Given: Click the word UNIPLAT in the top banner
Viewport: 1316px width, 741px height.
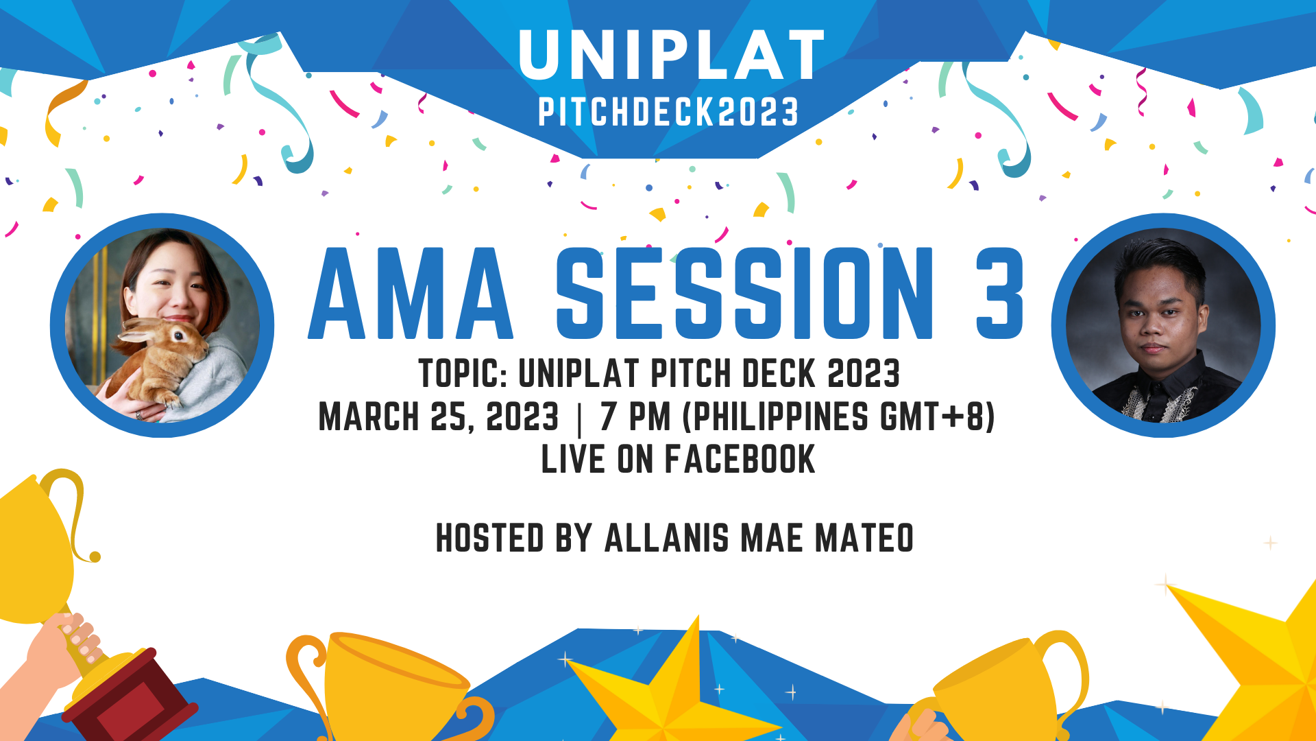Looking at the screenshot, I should (x=671, y=56).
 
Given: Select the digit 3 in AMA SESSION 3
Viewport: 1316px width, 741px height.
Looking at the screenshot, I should (x=1000, y=294).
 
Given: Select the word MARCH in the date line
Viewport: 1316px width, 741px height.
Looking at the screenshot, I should (x=369, y=417).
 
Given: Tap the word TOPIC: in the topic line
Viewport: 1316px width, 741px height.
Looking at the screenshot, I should (x=463, y=374).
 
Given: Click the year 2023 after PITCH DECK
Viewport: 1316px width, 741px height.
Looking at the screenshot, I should (x=864, y=374).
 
